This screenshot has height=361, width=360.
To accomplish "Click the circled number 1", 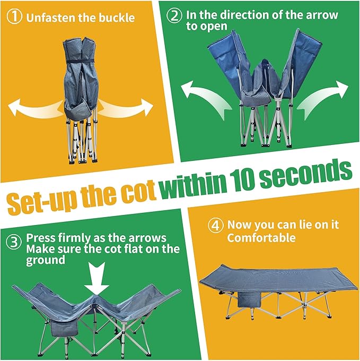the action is (x=14, y=16).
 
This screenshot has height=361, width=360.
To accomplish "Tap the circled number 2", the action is (x=174, y=15).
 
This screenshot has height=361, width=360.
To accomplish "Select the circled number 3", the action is (x=14, y=242).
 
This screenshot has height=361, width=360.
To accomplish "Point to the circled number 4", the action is (x=215, y=225).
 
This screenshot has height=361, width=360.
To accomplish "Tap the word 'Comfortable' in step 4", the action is (x=261, y=238).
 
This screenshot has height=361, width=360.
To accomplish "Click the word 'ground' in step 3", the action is (x=46, y=260).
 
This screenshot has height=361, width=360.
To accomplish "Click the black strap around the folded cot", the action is (x=80, y=61).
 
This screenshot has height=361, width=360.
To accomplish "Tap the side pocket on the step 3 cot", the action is (x=64, y=328).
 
